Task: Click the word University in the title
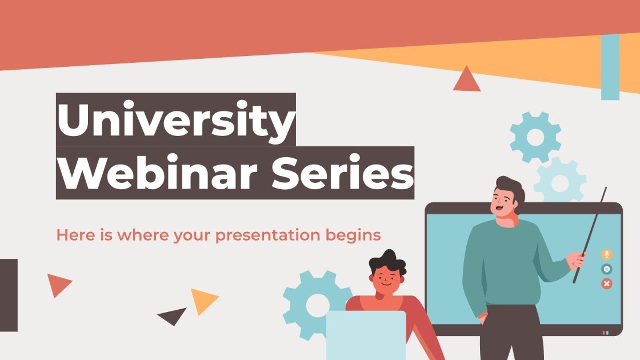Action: tap(175, 120)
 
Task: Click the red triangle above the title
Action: tap(467, 81)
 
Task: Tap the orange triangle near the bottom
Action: tap(202, 301)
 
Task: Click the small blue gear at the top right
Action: tap(535, 137)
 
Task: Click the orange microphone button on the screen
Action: tap(606, 254)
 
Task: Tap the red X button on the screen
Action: tap(606, 283)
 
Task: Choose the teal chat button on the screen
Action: tap(606, 269)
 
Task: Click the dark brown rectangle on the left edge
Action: tap(9, 295)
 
